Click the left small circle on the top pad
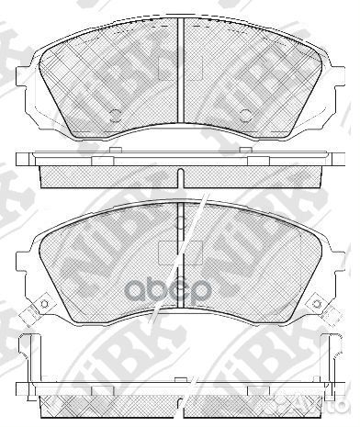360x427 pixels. pyautogui.click(x=116, y=116)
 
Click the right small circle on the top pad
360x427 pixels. pyautogui.click(x=246, y=116)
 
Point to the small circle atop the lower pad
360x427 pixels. pyautogui.click(x=181, y=221)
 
